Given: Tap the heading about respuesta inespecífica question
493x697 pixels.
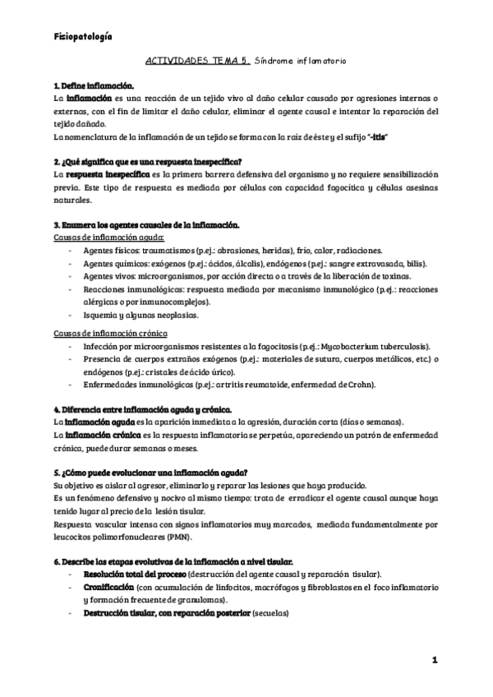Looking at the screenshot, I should tap(152, 162).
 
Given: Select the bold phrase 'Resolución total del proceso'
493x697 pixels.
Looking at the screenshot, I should tap(135, 573).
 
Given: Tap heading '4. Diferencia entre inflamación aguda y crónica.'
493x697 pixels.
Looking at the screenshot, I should tap(142, 409).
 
